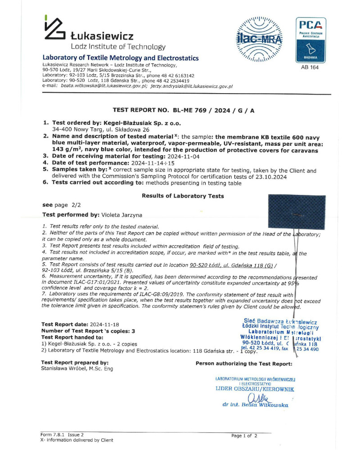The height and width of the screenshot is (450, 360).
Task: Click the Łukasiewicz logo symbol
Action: point(54,29)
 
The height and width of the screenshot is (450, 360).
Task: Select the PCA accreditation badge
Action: point(310,40)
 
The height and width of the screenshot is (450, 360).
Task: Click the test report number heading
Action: point(183,110)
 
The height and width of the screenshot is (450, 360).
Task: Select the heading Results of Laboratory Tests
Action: point(183,196)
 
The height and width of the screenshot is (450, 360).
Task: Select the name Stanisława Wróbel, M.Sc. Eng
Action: point(77,369)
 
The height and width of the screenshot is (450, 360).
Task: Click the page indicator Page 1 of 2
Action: point(244,436)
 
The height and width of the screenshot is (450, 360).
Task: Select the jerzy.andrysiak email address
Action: point(191,86)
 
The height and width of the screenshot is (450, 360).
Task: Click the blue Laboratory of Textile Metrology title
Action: point(120,58)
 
